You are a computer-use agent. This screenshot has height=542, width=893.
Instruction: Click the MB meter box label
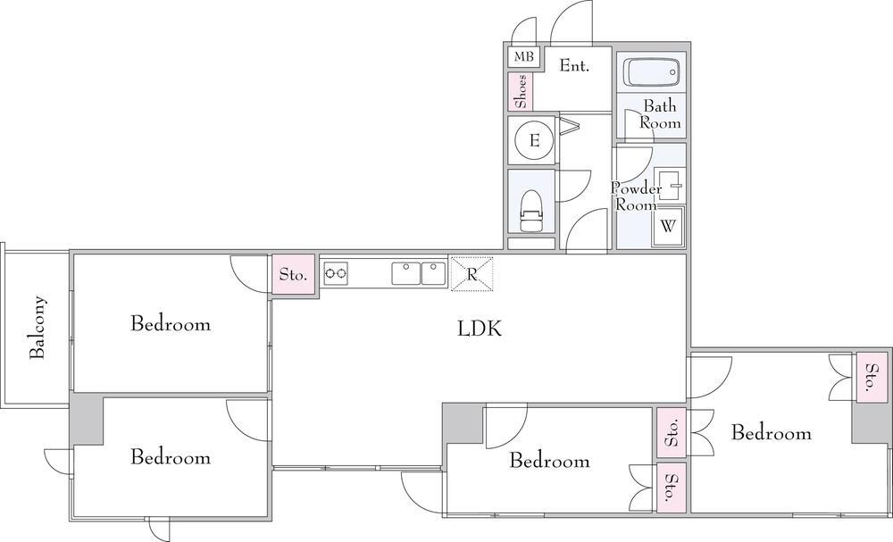click(x=524, y=57)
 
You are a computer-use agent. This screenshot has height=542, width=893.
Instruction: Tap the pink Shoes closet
click(x=521, y=91)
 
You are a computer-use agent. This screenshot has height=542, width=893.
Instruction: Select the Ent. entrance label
click(x=574, y=65)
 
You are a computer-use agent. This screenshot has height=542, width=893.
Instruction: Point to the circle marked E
click(x=534, y=140)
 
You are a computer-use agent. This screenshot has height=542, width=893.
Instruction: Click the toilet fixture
click(x=532, y=211)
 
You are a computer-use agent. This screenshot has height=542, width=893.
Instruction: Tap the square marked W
click(x=668, y=226)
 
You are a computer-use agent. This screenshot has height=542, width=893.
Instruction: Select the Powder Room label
click(x=636, y=196)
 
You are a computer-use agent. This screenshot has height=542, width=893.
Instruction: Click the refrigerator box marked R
click(x=472, y=274)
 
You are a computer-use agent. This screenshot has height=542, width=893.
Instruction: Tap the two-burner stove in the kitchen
click(x=336, y=273)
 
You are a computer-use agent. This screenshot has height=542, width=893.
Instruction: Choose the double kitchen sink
click(x=419, y=273)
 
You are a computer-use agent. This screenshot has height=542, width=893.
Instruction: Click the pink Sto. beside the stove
click(x=293, y=274)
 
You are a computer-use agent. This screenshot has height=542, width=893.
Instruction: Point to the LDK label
click(x=480, y=329)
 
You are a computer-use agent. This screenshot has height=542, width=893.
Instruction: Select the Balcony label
click(x=37, y=327)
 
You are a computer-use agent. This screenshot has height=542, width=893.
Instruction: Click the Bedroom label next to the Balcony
click(x=171, y=323)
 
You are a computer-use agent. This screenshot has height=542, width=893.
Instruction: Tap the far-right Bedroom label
click(x=772, y=433)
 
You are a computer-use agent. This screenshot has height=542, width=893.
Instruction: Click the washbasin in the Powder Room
click(x=670, y=185)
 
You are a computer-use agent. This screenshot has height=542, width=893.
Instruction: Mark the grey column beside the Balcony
click(x=86, y=419)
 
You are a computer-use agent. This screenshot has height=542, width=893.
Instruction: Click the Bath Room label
click(x=660, y=114)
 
